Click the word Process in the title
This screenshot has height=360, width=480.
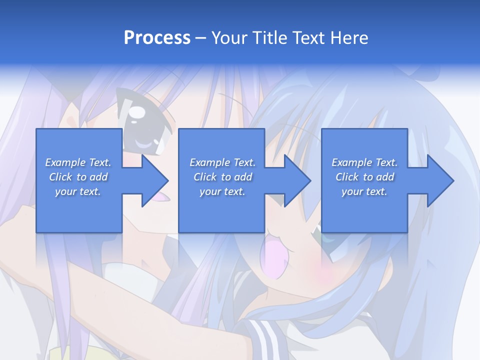[x=157, y=37]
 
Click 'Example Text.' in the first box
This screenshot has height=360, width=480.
[x=78, y=162]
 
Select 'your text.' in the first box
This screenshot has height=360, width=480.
[x=78, y=191]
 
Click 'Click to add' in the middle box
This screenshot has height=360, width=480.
[x=222, y=177]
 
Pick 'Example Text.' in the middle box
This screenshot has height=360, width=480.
[x=222, y=162]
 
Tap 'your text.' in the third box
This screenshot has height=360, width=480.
[x=364, y=191]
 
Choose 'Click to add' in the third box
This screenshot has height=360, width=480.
[x=364, y=177]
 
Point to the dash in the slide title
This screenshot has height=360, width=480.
[x=201, y=38]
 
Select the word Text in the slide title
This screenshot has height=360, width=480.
[x=306, y=37]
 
